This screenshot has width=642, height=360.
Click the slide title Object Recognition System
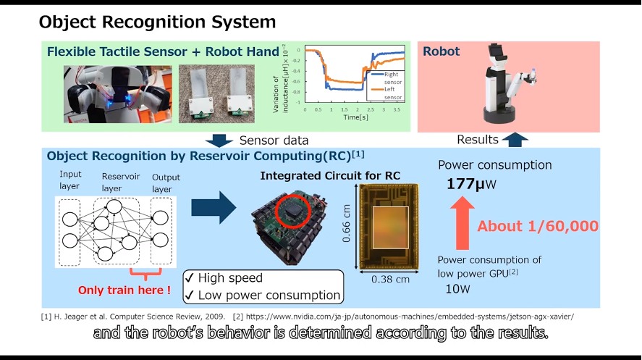pyautogui.click(x=157, y=22)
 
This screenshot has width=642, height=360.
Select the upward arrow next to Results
pyautogui.click(x=516, y=139)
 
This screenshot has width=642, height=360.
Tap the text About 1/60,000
pyautogui.click(x=538, y=226)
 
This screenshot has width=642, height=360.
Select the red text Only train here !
pyautogui.click(x=124, y=290)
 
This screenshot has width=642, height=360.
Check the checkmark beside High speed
pyautogui.click(x=189, y=278)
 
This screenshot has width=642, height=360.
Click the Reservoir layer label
pyautogui.click(x=116, y=181)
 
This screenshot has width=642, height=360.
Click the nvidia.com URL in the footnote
pyautogui.click(x=413, y=317)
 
